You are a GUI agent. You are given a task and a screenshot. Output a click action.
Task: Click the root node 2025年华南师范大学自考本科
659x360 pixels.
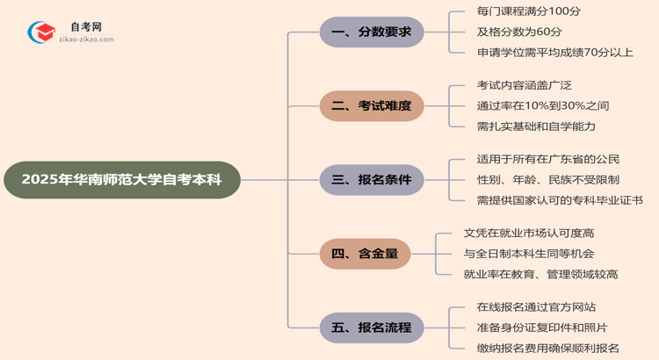click(x=121, y=180)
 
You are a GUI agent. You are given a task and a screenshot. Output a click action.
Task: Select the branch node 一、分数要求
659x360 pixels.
click(x=372, y=33)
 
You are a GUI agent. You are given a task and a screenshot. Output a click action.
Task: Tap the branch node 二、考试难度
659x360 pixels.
click(x=372, y=106)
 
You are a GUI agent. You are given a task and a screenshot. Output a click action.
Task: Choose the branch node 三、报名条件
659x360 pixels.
click(x=372, y=180)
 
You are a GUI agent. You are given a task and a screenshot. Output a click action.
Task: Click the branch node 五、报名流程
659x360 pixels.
click(x=372, y=328)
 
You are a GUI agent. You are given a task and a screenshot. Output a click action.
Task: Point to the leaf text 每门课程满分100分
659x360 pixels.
click(x=528, y=12)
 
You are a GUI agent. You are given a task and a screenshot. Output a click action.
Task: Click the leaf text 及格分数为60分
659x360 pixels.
click(x=520, y=32)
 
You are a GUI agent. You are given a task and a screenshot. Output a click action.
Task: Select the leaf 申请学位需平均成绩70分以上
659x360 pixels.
click(x=554, y=53)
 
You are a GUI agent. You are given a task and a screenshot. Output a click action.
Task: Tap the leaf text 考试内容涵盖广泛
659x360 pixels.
click(x=524, y=85)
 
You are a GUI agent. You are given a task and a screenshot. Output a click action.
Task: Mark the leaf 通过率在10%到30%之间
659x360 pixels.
click(x=542, y=106)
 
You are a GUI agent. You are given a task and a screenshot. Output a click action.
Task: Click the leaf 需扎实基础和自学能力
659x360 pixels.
click(x=536, y=126)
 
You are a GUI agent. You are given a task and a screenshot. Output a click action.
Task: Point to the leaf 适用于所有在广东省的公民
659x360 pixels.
click(x=547, y=159)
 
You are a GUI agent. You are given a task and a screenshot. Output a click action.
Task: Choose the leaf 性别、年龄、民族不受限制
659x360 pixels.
click(x=547, y=180)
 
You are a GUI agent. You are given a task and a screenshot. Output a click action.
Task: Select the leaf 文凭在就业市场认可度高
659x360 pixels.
click(x=528, y=234)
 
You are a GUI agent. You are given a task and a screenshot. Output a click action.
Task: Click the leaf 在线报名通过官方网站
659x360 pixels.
click(x=535, y=307)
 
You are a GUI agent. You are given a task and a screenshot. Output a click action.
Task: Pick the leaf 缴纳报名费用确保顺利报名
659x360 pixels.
click(x=547, y=348)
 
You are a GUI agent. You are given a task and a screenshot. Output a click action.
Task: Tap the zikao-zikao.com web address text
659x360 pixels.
click(x=85, y=40)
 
